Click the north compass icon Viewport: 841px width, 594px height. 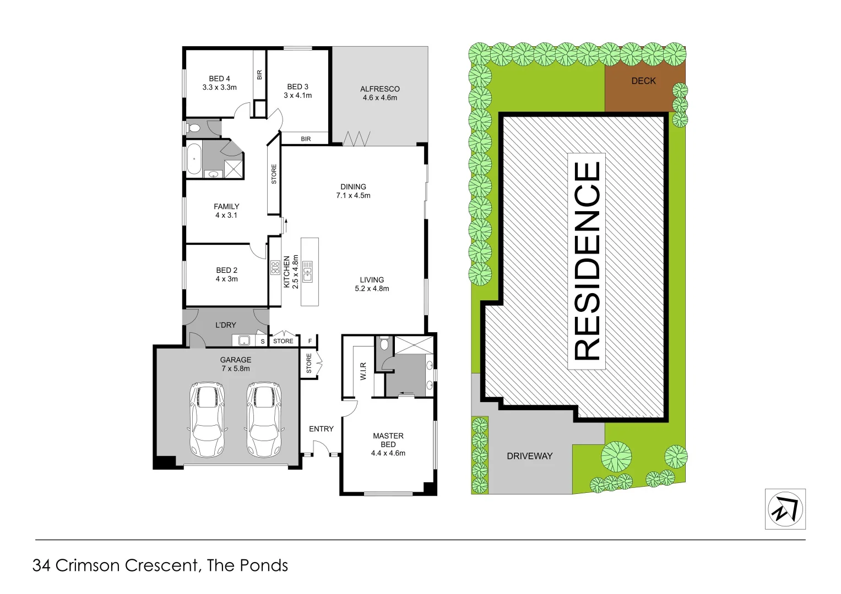(785, 509)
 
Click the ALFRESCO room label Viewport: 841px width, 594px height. (379, 89)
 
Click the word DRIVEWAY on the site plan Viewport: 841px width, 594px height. (529, 456)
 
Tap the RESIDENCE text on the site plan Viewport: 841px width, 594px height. (587, 261)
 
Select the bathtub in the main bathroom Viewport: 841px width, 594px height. (194, 158)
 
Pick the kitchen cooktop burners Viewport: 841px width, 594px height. (275, 268)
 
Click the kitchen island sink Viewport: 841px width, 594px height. (307, 272)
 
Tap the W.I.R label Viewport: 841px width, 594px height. (363, 371)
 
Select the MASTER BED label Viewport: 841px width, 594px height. (388, 440)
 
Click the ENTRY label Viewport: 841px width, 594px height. (321, 429)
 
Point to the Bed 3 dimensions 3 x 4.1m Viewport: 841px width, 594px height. (297, 96)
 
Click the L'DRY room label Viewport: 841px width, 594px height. (225, 325)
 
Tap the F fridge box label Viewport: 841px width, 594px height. (310, 342)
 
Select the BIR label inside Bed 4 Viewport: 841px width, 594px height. (259, 75)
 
